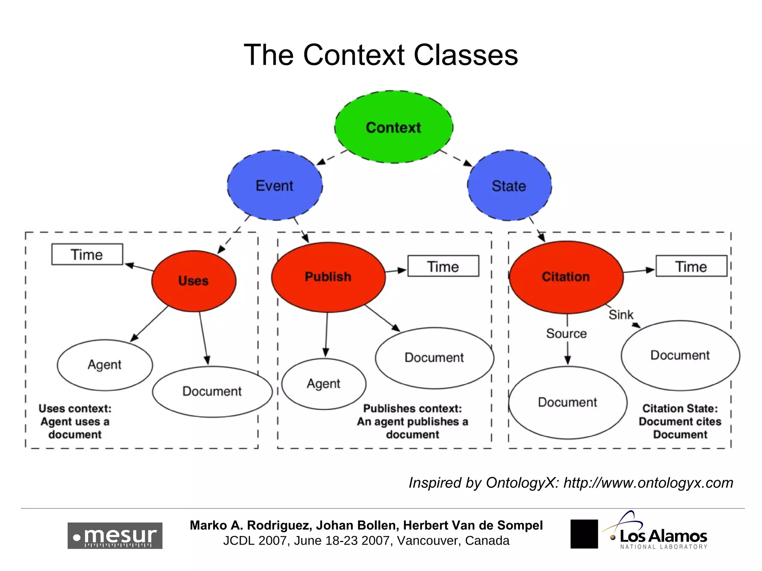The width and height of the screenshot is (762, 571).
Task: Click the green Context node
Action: (394, 127)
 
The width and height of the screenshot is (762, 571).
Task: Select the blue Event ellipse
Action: (275, 186)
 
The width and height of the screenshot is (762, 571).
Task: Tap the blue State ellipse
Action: (509, 186)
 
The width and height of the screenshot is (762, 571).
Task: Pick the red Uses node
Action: (193, 281)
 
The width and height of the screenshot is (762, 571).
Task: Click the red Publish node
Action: (328, 277)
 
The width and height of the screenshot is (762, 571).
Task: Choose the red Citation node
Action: (566, 277)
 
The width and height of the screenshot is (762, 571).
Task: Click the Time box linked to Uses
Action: (87, 255)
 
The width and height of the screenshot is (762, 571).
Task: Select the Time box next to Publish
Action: (443, 266)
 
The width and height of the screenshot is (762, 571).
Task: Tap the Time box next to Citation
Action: (691, 266)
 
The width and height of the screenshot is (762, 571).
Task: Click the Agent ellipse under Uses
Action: (105, 365)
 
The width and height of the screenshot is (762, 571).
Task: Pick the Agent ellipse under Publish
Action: (323, 384)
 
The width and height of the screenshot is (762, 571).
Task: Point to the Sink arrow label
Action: (621, 315)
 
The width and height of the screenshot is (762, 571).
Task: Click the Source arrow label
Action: (566, 333)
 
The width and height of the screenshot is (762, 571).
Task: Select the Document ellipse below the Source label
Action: (567, 402)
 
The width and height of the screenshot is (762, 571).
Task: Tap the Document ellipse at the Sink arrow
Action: (680, 355)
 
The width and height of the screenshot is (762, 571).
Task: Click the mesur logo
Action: (115, 536)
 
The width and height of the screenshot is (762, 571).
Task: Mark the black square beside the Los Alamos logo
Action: (584, 534)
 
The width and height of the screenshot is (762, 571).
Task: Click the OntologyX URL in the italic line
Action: (648, 483)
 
